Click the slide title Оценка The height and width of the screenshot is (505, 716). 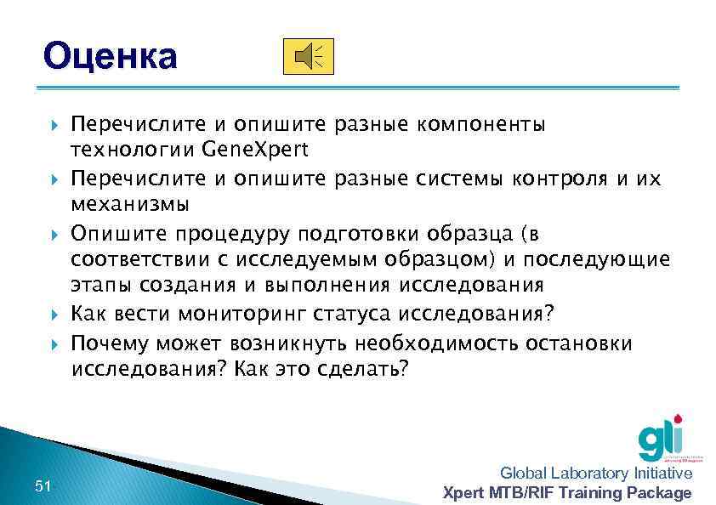(x=111, y=57)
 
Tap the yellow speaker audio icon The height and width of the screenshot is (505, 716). (x=308, y=56)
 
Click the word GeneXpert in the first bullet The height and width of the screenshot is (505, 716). (x=256, y=150)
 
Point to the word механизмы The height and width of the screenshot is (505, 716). (x=130, y=205)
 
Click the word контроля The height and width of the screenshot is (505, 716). (x=565, y=179)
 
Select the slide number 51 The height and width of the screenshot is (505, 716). (x=43, y=485)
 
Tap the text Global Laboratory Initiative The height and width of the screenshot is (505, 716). (x=596, y=474)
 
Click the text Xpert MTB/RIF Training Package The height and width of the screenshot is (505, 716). (x=568, y=493)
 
